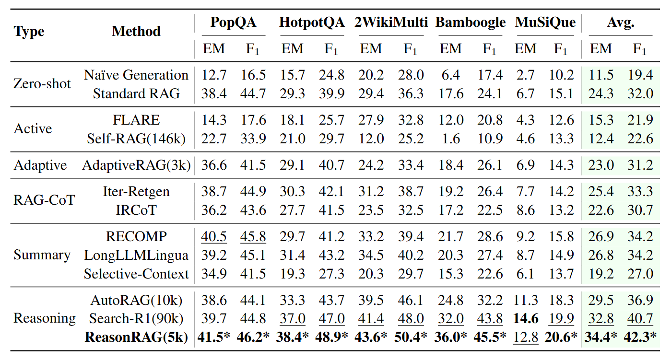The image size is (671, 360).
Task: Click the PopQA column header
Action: (234, 23)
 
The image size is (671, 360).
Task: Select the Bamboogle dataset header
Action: (471, 23)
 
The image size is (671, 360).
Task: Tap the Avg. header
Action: (621, 23)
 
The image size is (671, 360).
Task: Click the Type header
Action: (29, 32)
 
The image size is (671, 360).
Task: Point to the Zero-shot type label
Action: (42, 84)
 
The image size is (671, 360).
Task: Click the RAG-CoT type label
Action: (44, 200)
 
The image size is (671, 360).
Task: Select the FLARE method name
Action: (136, 120)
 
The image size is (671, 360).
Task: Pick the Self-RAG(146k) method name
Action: (136, 139)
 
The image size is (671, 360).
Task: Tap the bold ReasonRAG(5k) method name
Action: (136, 337)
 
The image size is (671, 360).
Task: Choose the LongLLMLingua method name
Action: (136, 255)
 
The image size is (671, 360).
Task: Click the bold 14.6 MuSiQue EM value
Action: (526, 319)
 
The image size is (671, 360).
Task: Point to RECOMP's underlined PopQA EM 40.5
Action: (214, 237)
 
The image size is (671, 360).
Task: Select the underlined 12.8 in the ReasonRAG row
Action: (526, 337)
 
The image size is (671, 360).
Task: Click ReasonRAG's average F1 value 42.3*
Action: (640, 337)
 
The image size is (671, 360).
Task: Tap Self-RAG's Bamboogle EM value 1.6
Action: (451, 139)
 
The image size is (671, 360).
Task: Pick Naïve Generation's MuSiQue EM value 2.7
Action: (526, 75)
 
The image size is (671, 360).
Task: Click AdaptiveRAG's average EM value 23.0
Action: (601, 165)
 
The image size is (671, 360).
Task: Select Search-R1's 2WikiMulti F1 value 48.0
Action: (411, 319)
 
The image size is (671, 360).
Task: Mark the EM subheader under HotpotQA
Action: (293, 49)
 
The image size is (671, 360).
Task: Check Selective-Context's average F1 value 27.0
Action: (640, 274)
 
